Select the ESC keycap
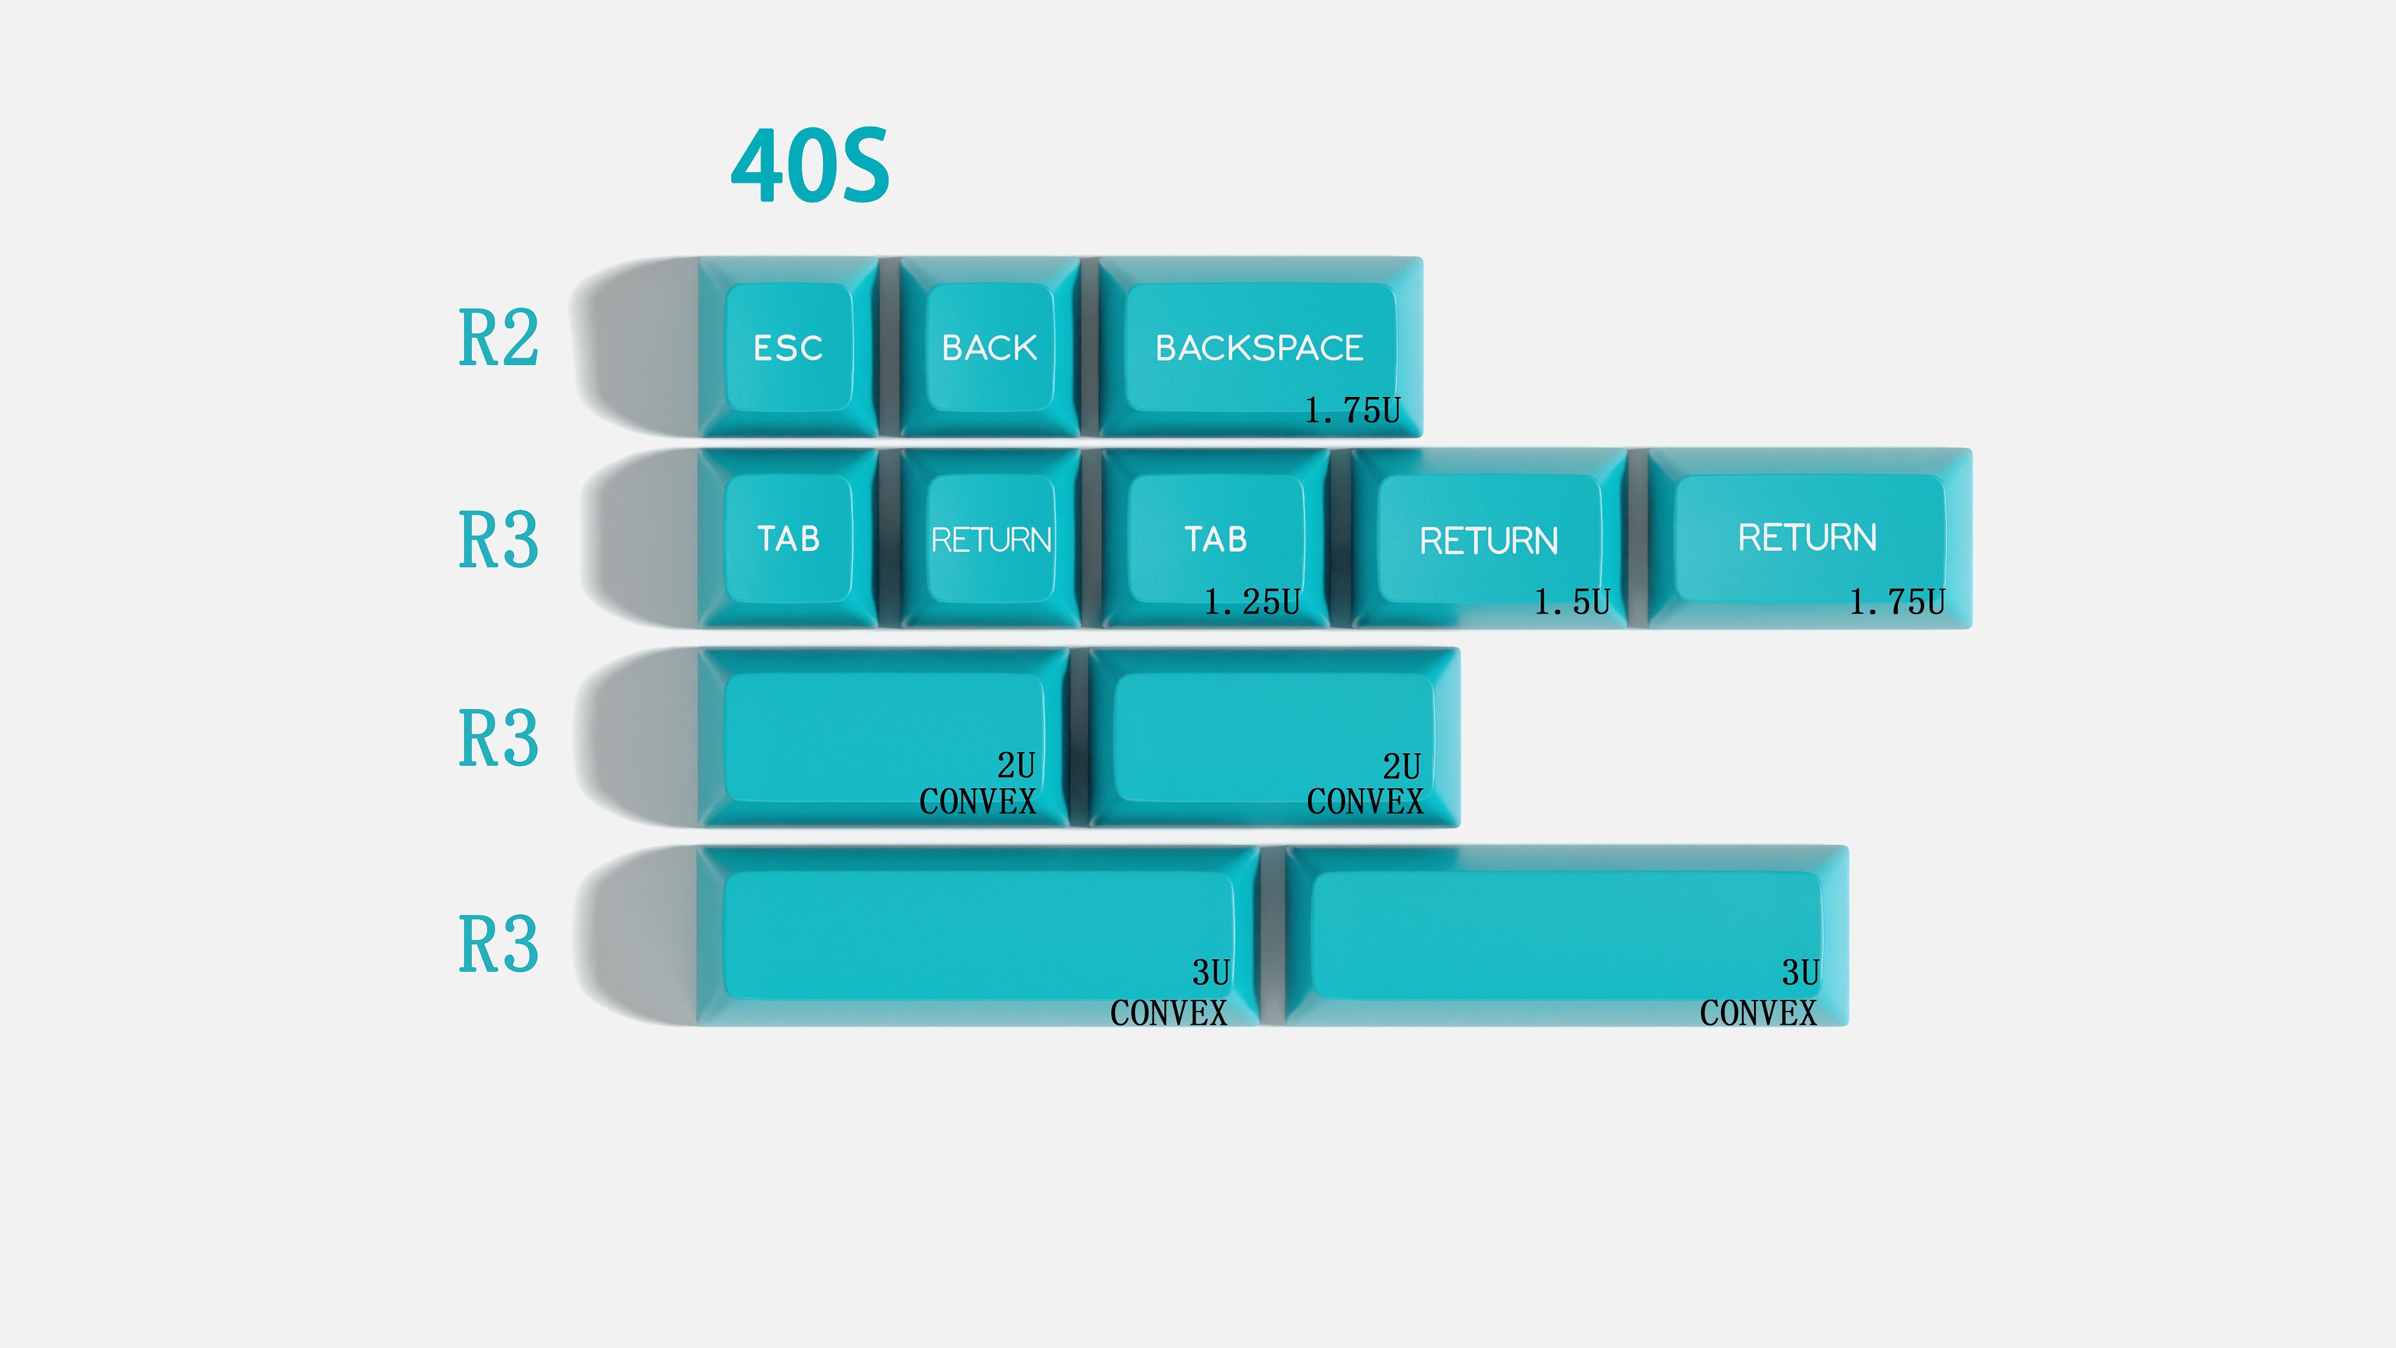pyautogui.click(x=789, y=347)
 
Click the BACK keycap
pyautogui.click(x=990, y=347)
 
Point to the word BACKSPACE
pyautogui.click(x=1259, y=348)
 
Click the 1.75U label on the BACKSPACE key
pyautogui.click(x=1352, y=410)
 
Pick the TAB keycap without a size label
pyautogui.click(x=789, y=539)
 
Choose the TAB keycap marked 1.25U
pyautogui.click(x=1215, y=539)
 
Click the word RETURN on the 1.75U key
pyautogui.click(x=1807, y=538)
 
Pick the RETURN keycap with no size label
pyautogui.click(x=991, y=539)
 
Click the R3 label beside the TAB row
pyautogui.click(x=499, y=540)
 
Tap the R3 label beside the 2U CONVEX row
pyautogui.click(x=499, y=739)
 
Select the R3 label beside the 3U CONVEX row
pyautogui.click(x=499, y=944)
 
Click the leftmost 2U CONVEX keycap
pyautogui.click(x=884, y=737)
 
